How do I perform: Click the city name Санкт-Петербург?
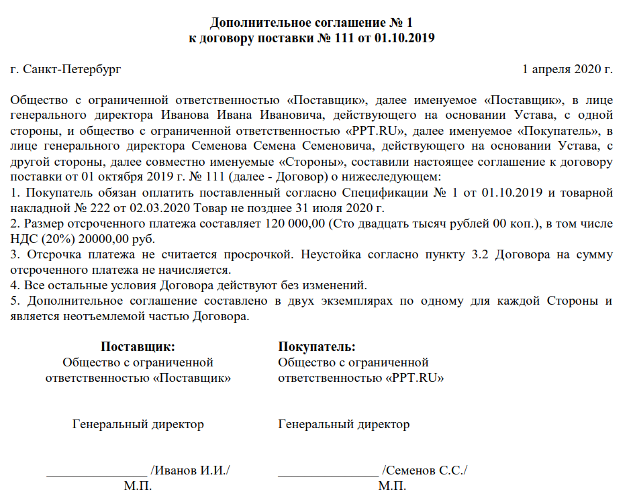pyautogui.click(x=72, y=68)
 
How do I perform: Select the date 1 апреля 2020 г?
pyautogui.click(x=567, y=68)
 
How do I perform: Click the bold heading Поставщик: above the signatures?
pyautogui.click(x=138, y=347)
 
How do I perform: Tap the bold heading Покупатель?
pyautogui.click(x=317, y=347)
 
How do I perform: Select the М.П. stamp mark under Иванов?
pyautogui.click(x=138, y=487)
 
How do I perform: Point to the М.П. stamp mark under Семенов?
pyautogui.click(x=392, y=487)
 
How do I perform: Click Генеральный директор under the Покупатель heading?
pyautogui.click(x=344, y=424)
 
